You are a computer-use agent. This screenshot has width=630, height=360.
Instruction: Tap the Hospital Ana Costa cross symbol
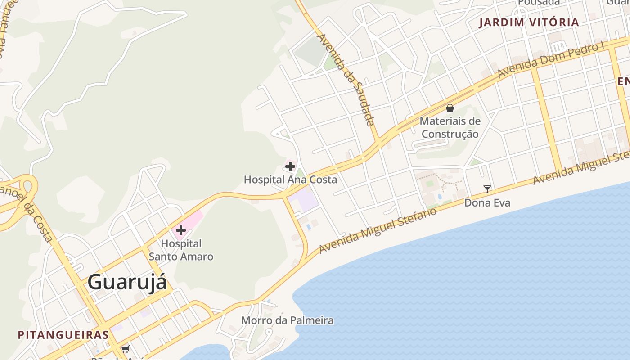click(x=290, y=166)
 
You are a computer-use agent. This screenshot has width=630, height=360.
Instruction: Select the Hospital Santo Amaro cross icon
click(x=181, y=230)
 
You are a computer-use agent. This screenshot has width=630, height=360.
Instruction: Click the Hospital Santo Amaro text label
click(x=181, y=250)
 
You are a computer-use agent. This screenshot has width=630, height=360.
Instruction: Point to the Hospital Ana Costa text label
click(x=290, y=180)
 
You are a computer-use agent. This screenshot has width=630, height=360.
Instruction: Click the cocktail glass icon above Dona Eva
click(x=487, y=189)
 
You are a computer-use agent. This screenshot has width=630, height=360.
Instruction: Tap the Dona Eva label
click(x=487, y=203)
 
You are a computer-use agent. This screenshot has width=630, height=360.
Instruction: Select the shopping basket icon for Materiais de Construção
click(x=450, y=108)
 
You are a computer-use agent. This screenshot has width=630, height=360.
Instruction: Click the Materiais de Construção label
click(x=450, y=127)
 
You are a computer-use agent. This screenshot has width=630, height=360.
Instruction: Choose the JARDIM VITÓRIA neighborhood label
click(x=529, y=22)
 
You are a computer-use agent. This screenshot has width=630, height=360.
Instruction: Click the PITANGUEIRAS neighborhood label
click(x=63, y=335)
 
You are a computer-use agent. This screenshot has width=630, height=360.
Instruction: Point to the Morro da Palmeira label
click(x=288, y=320)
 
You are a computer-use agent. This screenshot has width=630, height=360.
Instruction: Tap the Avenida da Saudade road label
click(x=346, y=80)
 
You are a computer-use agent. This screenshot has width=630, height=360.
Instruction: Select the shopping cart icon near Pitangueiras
click(x=125, y=349)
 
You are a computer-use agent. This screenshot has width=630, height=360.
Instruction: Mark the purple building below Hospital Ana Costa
click(x=303, y=201)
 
